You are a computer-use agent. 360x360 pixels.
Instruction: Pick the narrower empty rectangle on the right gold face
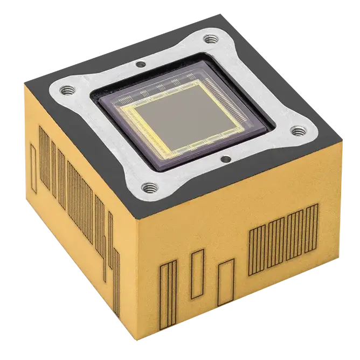[197, 274]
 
